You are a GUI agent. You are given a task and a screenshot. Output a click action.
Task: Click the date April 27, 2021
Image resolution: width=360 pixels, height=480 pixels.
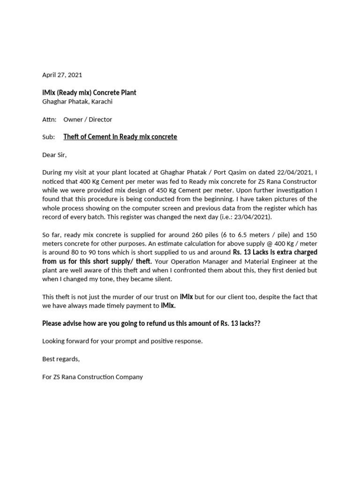pyautogui.click(x=62, y=75)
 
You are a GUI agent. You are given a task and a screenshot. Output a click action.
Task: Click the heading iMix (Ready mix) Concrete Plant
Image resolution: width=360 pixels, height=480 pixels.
pyautogui.click(x=89, y=92)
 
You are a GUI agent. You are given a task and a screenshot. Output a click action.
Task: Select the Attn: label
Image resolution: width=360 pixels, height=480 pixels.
pyautogui.click(x=49, y=119)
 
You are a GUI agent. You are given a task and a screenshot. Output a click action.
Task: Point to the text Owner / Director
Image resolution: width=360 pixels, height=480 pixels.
pyautogui.click(x=88, y=119)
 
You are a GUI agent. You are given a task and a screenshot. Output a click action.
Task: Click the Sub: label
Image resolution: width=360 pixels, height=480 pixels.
pyautogui.click(x=49, y=137)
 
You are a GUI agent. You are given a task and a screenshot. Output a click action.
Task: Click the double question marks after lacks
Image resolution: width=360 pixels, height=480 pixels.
pyautogui.click(x=256, y=323)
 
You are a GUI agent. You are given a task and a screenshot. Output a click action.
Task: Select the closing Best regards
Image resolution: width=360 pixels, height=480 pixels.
pyautogui.click(x=61, y=359)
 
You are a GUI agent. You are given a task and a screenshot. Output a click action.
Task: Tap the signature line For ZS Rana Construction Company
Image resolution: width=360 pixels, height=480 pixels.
pyautogui.click(x=92, y=377)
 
